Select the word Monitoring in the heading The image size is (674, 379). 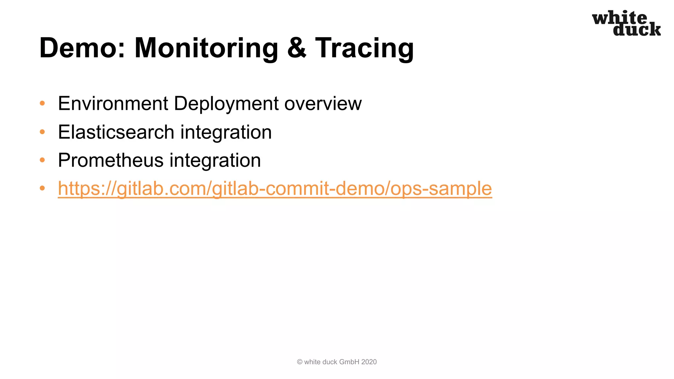[206, 48]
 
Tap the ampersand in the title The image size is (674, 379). [297, 48]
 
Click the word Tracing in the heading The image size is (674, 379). [364, 48]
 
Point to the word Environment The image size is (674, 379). [113, 104]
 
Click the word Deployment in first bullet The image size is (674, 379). [226, 104]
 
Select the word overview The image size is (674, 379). [323, 104]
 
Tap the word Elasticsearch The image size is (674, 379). [116, 132]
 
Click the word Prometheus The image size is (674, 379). [111, 161]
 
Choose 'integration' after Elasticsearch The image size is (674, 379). [226, 132]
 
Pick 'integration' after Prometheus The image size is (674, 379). [215, 161]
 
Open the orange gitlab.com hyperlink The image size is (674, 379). [275, 189]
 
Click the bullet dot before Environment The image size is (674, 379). [42, 104]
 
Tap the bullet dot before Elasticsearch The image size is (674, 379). [42, 132]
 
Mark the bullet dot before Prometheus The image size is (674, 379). [42, 161]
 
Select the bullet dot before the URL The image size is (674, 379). [42, 189]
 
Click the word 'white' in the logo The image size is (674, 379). [619, 18]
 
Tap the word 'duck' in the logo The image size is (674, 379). [636, 30]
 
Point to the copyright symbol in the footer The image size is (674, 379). [299, 362]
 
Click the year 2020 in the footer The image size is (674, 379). [369, 362]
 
